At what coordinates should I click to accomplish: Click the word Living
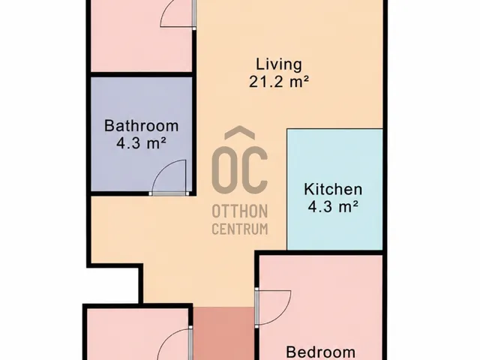click(x=278, y=65)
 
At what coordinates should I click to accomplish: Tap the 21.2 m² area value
click(x=278, y=82)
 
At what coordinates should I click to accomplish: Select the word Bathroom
click(x=142, y=126)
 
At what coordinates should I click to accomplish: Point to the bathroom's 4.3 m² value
click(x=142, y=143)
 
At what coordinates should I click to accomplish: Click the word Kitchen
click(x=333, y=189)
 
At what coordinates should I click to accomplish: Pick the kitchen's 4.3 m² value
click(x=333, y=207)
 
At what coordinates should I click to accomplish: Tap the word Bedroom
click(x=321, y=352)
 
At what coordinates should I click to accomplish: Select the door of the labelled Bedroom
click(x=273, y=307)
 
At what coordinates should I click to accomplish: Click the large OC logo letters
click(x=240, y=168)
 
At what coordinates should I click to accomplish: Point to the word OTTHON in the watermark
click(x=240, y=211)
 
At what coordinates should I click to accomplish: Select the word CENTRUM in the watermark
click(x=240, y=229)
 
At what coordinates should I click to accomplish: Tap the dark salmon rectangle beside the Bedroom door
click(x=224, y=334)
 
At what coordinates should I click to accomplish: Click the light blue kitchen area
click(x=335, y=159)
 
